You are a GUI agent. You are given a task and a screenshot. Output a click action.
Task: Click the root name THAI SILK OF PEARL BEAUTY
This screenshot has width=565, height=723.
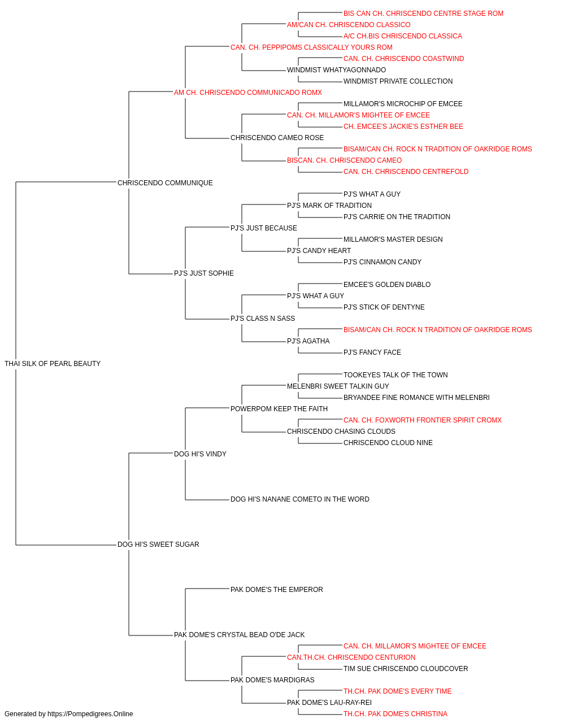53,364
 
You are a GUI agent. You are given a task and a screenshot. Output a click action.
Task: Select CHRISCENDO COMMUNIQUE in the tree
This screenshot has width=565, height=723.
165,183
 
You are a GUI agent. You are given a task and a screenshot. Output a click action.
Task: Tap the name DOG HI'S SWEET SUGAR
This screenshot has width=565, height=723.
158,545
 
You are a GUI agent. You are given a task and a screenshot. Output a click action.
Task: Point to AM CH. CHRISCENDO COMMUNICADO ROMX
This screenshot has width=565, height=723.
248,93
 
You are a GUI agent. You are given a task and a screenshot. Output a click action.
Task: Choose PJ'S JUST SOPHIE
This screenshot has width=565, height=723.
204,273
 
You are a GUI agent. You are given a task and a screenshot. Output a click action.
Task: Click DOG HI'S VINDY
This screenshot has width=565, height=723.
201,454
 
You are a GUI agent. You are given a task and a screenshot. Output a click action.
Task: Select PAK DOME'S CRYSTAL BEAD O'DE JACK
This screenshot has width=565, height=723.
239,635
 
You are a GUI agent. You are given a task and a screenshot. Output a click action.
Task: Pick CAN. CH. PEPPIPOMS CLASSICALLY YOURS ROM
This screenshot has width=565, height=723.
311,47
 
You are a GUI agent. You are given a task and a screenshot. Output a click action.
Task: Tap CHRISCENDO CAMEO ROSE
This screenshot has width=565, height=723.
277,138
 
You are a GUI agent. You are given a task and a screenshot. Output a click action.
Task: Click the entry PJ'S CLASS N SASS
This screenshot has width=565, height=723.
263,319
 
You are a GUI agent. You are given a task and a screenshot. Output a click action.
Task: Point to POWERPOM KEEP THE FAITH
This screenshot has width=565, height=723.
279,408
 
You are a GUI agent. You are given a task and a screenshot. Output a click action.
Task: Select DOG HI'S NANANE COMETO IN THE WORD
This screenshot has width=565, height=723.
300,499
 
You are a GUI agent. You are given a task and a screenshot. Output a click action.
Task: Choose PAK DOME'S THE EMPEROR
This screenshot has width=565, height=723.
277,590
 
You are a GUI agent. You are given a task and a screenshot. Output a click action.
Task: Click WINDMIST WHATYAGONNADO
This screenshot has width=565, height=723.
336,70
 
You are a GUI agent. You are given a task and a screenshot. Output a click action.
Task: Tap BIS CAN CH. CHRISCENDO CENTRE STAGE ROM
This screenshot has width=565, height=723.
423,14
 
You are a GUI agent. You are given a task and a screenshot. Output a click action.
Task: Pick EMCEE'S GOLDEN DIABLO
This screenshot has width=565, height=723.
387,285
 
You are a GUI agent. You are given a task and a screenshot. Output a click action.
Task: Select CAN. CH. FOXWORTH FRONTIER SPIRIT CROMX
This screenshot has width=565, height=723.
423,420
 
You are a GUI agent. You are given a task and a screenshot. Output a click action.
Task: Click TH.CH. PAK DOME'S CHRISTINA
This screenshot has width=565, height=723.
395,714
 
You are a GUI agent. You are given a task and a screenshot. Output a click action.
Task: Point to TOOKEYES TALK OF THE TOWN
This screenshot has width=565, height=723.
395,375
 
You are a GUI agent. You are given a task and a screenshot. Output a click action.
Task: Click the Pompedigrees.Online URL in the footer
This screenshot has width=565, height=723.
90,714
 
